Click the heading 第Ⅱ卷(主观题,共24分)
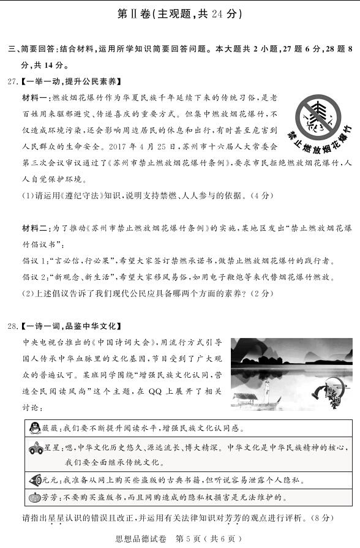179,14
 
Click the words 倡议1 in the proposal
35,260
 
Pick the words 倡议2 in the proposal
35,277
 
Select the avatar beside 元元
35,481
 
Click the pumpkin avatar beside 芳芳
35,497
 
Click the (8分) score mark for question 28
321,518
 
